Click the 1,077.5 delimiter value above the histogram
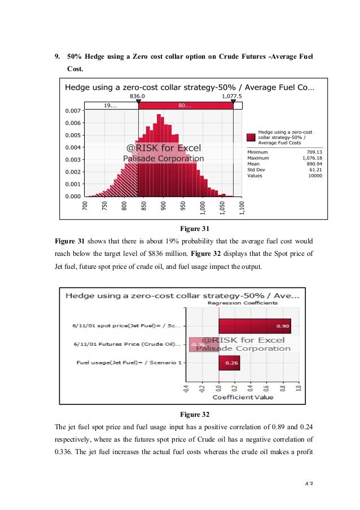coord(232,97)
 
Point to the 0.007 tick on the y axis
coord(73,111)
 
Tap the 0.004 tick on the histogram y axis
coord(73,147)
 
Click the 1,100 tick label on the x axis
coord(242,208)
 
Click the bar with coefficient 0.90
coord(254,326)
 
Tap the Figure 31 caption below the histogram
coord(194,229)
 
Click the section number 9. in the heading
coord(57,56)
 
